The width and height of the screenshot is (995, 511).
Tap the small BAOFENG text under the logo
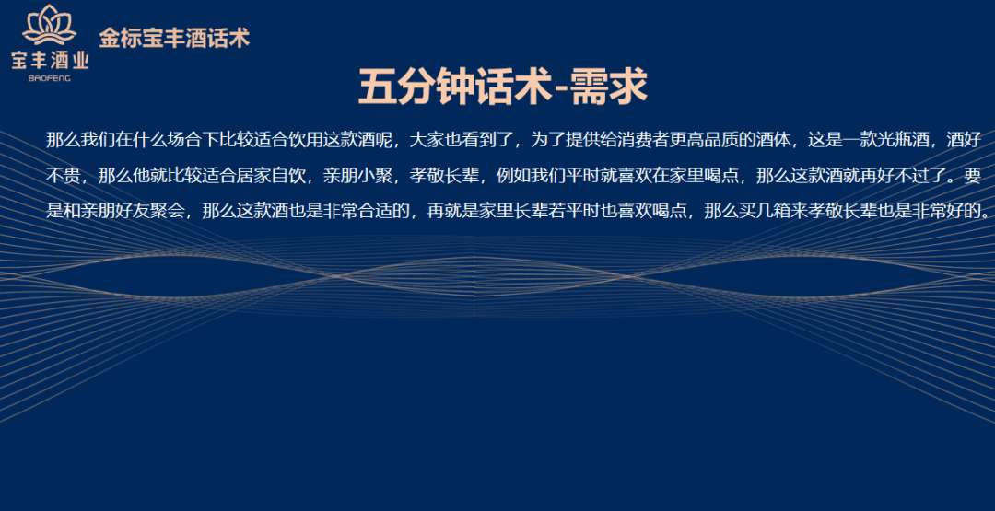coord(50,78)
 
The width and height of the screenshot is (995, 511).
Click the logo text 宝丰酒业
coord(50,60)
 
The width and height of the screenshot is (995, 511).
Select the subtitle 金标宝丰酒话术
coord(174,38)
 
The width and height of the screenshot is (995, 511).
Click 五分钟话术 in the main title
coord(456,87)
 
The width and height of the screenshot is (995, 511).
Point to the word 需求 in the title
coord(609,87)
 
